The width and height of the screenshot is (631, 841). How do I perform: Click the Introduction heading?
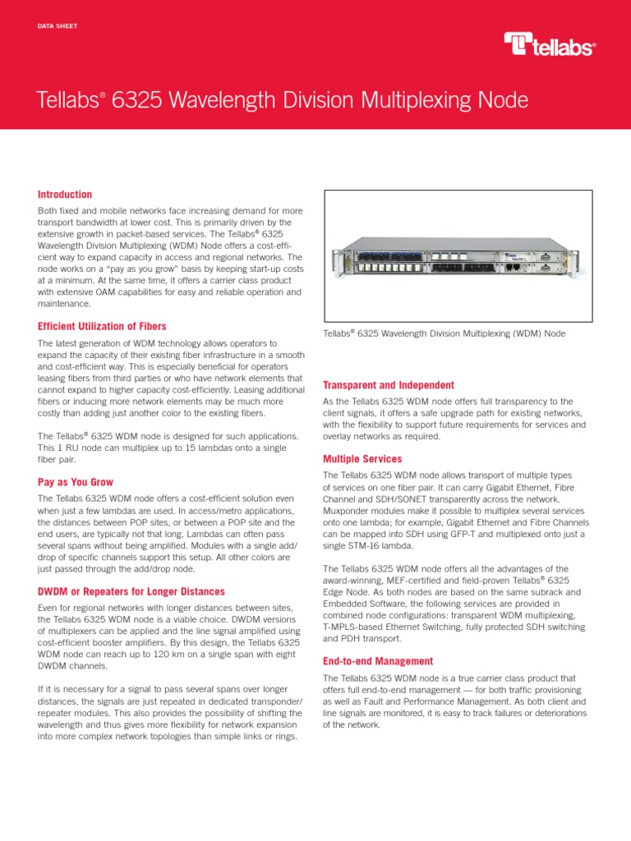(x=65, y=195)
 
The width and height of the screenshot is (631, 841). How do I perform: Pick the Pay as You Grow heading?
(x=76, y=482)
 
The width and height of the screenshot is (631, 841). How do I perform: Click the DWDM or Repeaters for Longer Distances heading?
(x=131, y=591)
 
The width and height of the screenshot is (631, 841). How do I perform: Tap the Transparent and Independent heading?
(x=389, y=385)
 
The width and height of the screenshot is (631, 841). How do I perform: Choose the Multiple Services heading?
(x=362, y=458)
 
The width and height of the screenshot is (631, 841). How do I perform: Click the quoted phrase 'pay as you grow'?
(x=137, y=267)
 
